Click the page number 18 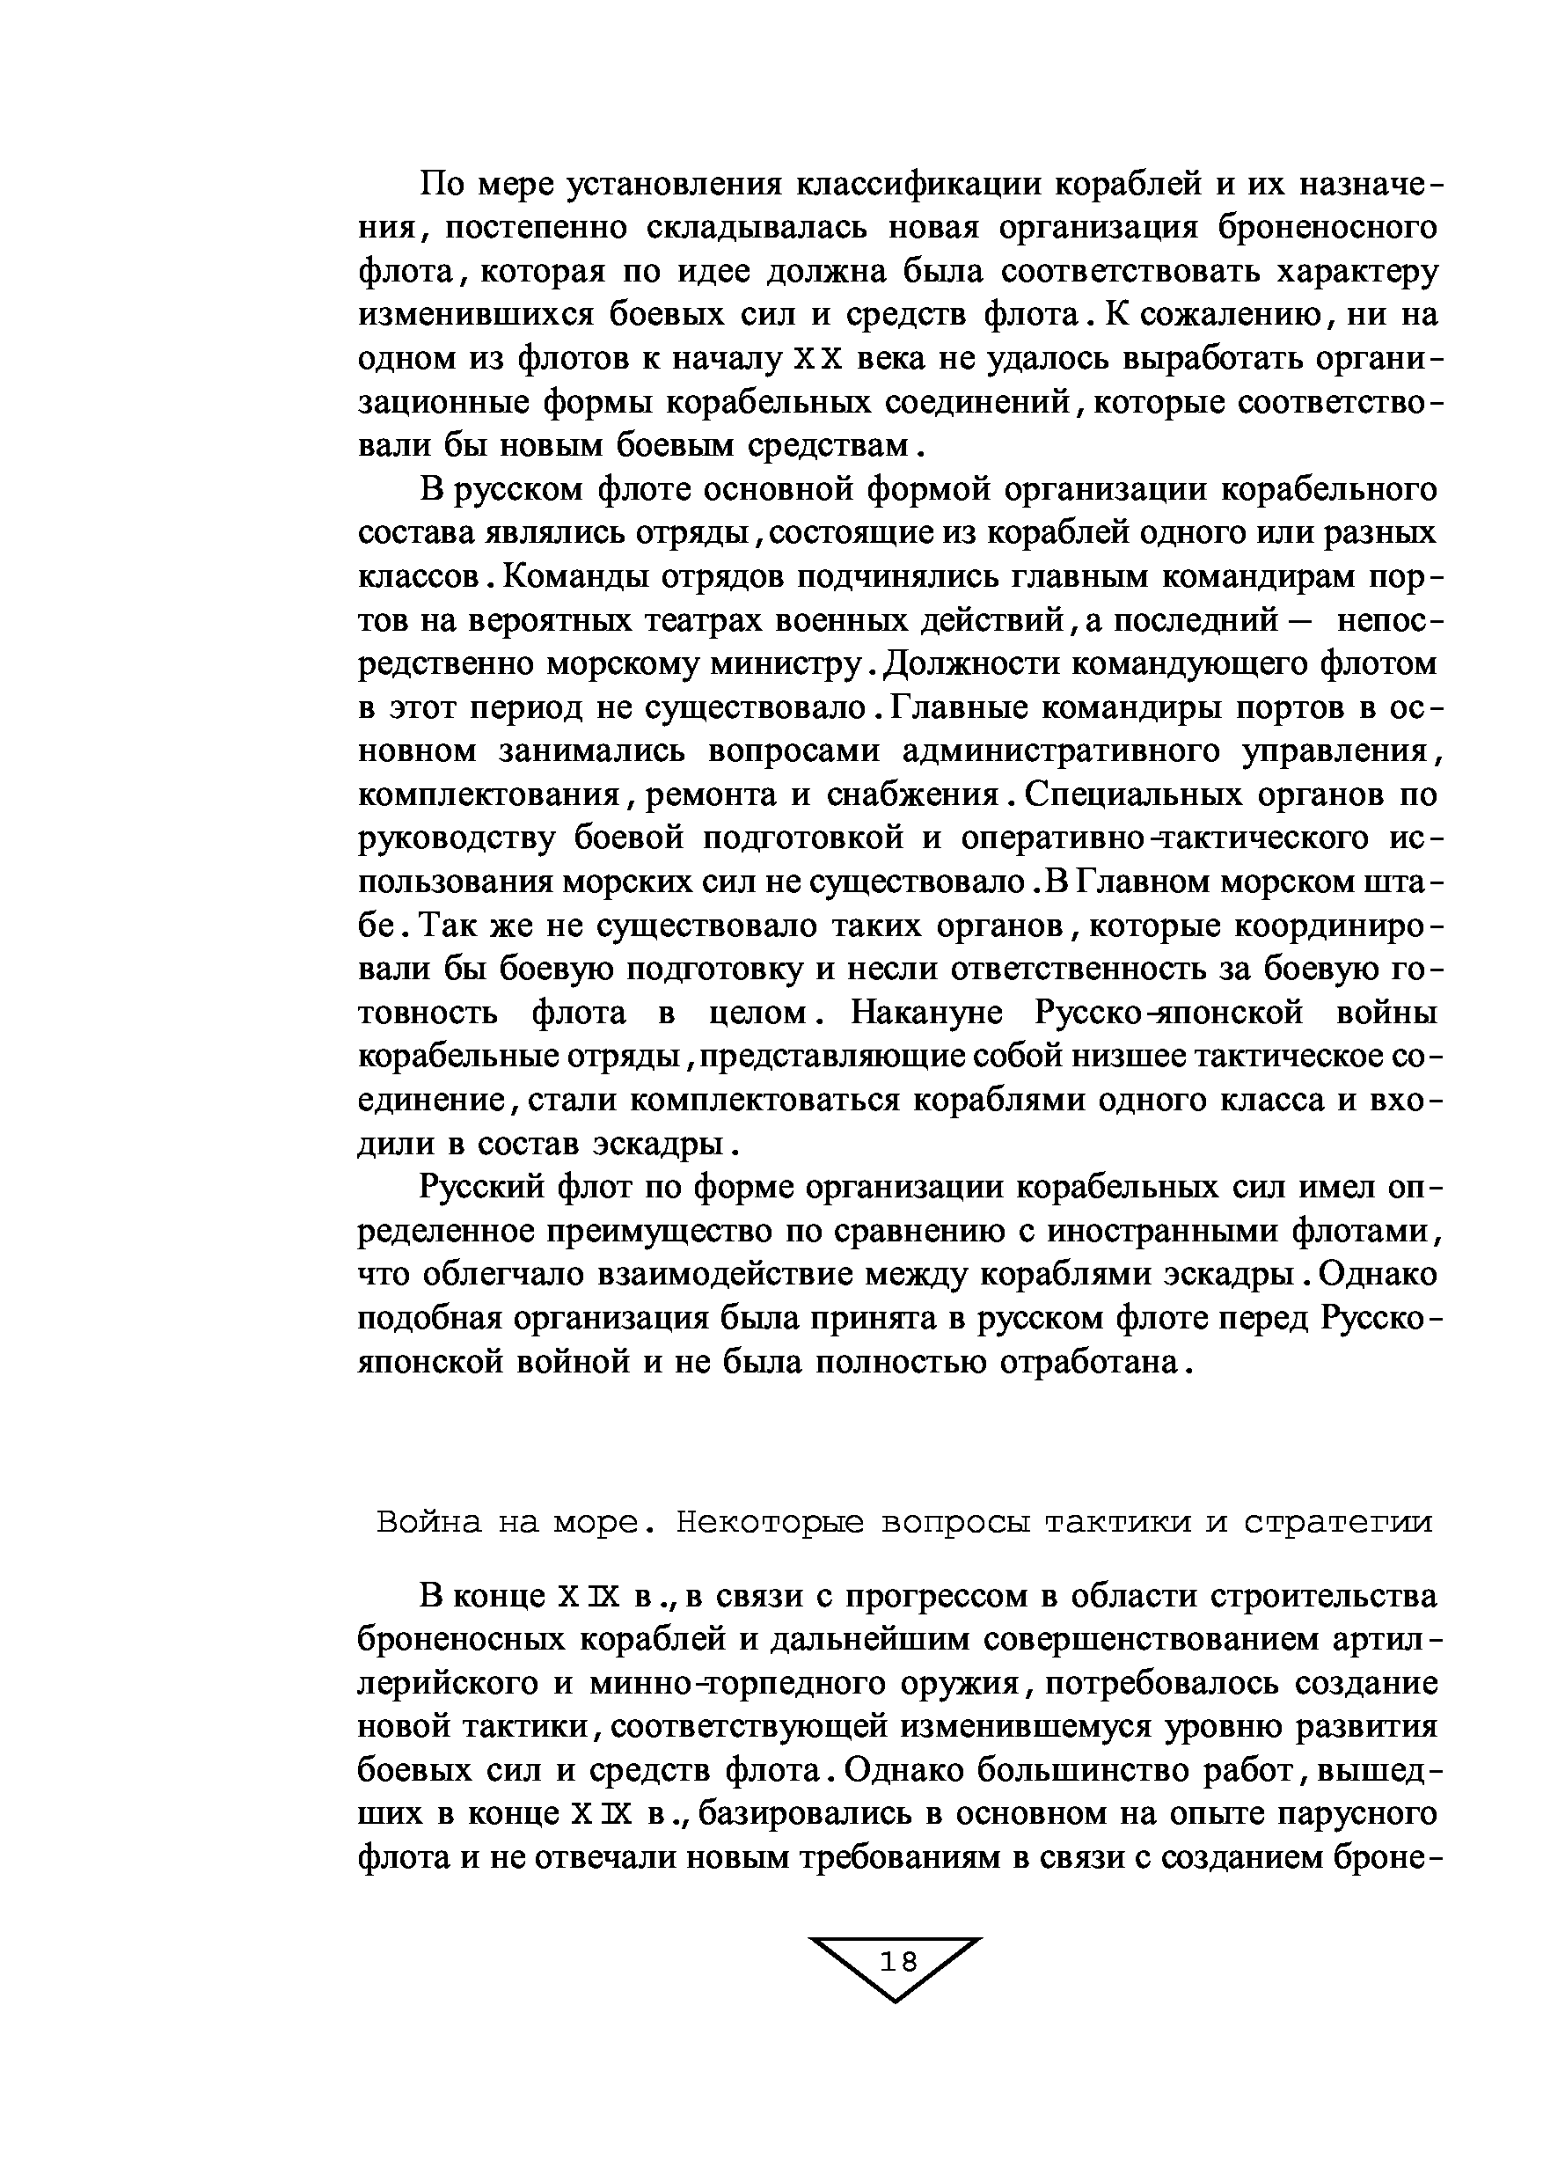coord(898,1960)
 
